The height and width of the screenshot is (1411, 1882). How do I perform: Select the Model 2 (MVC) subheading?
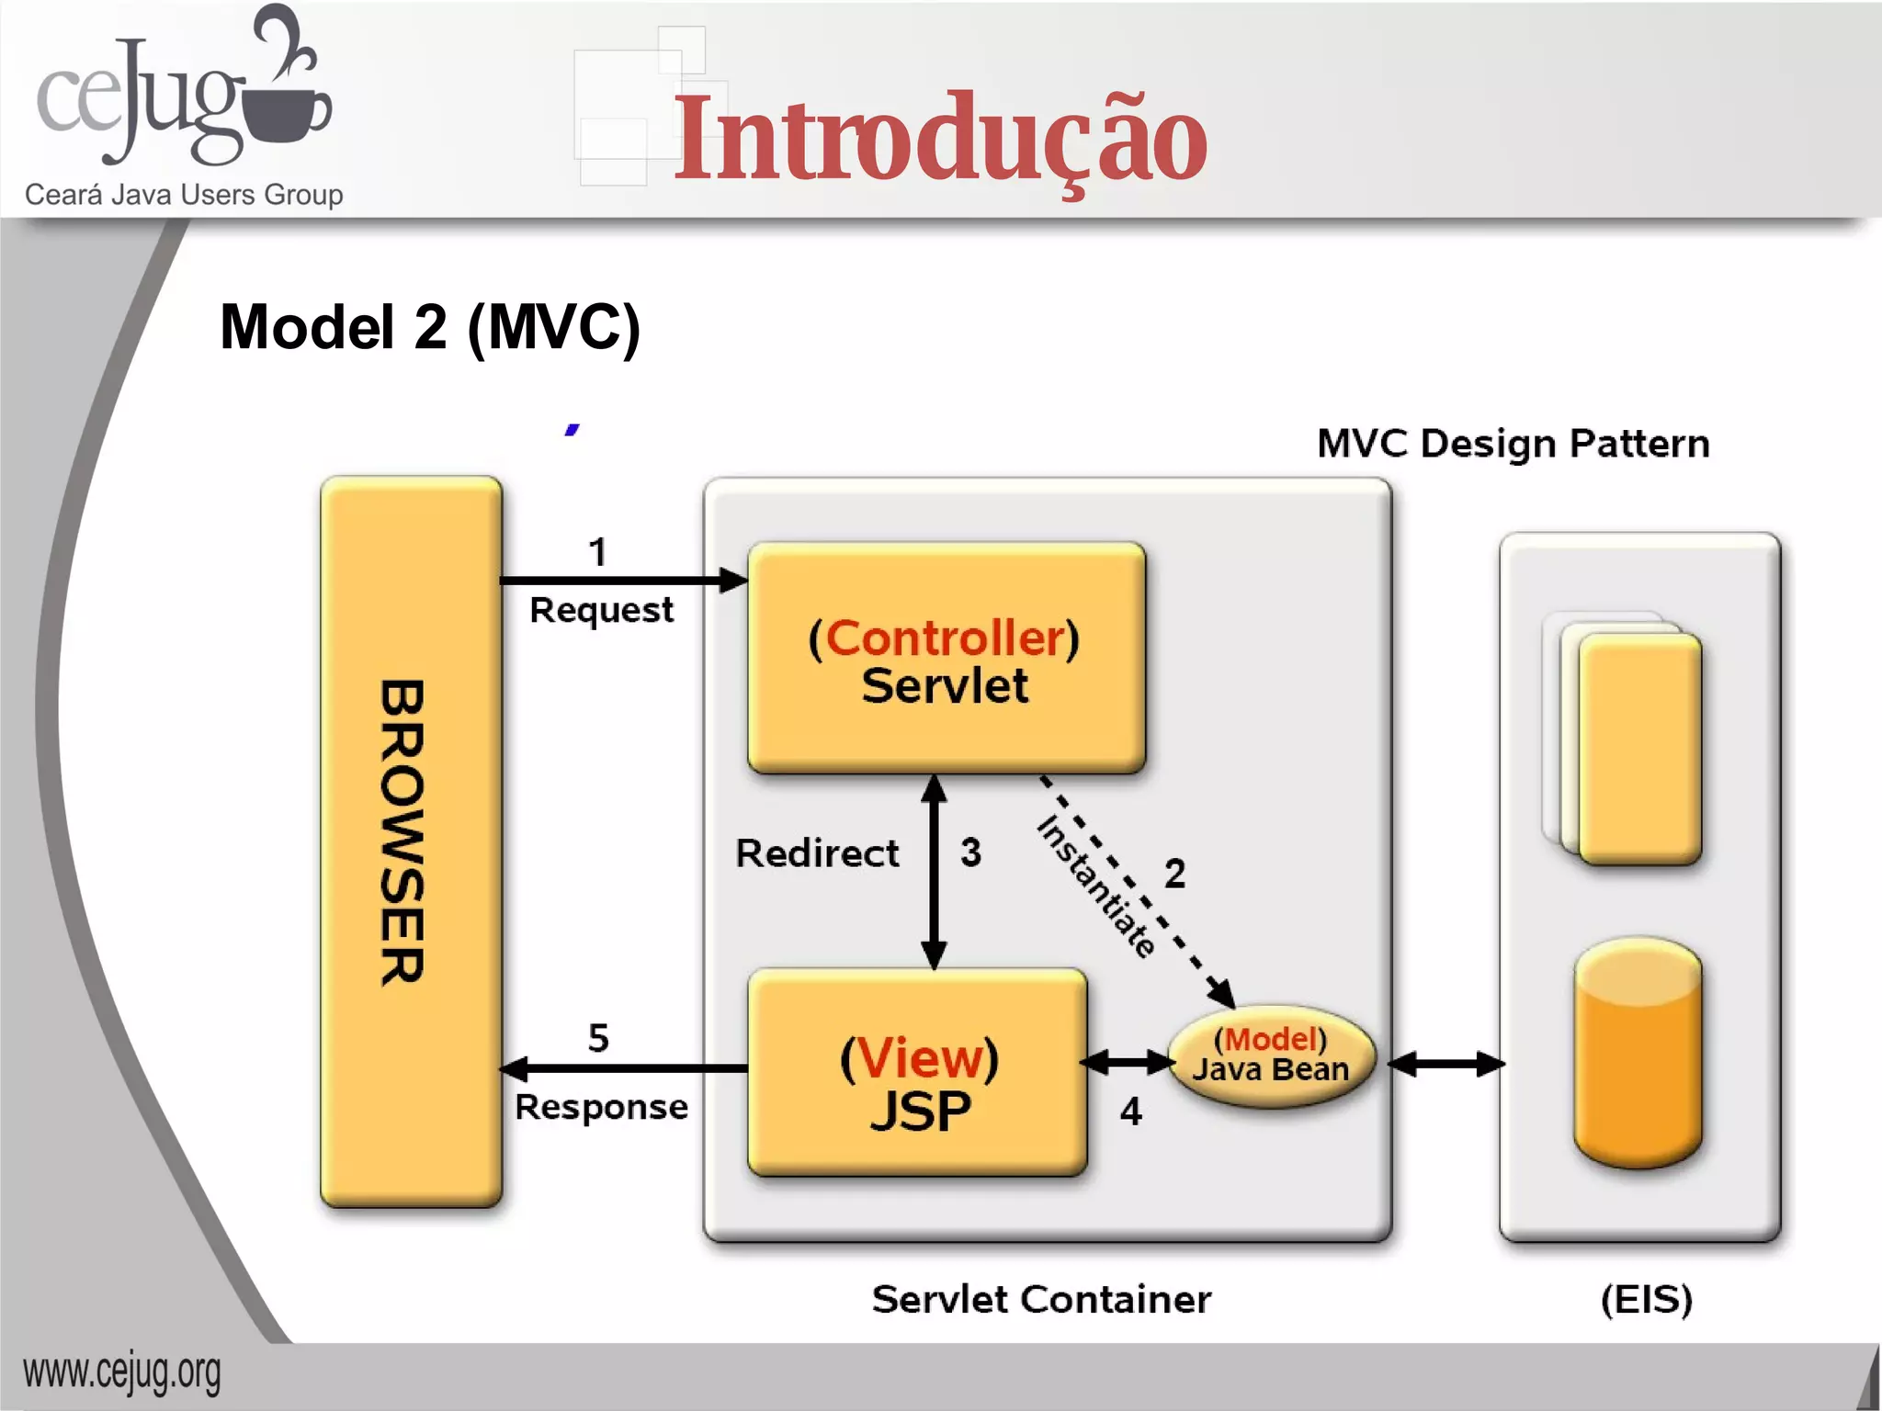[x=429, y=328]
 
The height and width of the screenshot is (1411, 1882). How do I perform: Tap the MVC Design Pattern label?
[x=1513, y=444]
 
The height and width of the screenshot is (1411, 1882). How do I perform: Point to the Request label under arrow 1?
[x=601, y=611]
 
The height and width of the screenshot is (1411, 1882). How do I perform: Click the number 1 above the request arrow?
[x=597, y=553]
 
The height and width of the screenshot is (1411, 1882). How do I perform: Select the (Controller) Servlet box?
[x=946, y=659]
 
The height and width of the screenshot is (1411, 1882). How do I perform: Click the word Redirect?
[x=817, y=853]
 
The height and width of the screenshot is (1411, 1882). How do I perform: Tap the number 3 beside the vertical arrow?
[x=970, y=852]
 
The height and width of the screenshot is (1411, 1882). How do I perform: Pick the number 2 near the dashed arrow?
[x=1174, y=874]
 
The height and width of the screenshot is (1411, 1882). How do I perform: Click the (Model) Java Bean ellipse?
[x=1271, y=1055]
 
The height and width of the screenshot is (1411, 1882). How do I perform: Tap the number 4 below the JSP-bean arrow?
[x=1130, y=1112]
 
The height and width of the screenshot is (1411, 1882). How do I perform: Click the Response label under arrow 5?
[x=601, y=1108]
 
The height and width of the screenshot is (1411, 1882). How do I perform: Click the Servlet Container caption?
[x=1041, y=1300]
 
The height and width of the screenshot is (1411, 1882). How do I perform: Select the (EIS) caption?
[x=1646, y=1300]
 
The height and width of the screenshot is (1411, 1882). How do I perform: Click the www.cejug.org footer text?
[x=122, y=1373]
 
